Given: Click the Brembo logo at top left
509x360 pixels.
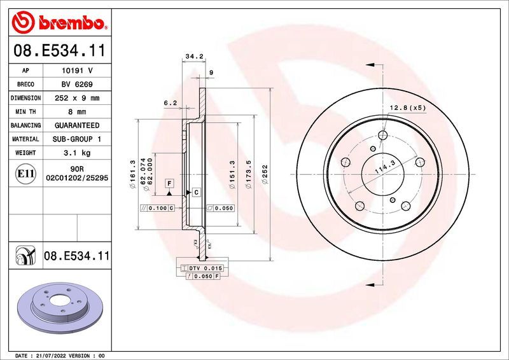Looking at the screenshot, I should click(x=59, y=24).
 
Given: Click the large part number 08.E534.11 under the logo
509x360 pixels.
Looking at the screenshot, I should click(x=59, y=50).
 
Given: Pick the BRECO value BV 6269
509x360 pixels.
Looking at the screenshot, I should click(x=77, y=85).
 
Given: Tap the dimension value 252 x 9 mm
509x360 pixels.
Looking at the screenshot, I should click(x=77, y=99).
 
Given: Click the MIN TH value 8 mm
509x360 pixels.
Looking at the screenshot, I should click(x=77, y=112).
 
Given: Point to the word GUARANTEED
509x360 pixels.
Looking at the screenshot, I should click(x=77, y=125).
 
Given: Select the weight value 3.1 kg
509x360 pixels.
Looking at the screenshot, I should click(x=77, y=153).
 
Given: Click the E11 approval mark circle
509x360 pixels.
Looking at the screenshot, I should click(x=26, y=173).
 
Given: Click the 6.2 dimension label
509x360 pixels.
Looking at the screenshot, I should click(x=170, y=102).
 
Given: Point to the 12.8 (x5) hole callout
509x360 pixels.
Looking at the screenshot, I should click(x=408, y=107).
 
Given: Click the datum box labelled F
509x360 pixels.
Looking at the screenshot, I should click(x=170, y=183).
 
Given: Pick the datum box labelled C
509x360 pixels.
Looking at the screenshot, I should click(x=196, y=192).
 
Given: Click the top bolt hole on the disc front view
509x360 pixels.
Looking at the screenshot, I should click(x=382, y=135).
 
